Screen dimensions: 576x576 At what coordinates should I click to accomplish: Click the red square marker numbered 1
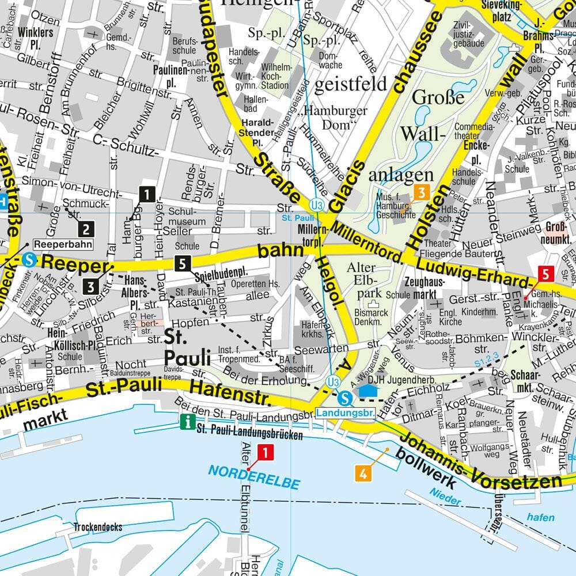265,453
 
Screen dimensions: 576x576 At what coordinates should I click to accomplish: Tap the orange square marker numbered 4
362,474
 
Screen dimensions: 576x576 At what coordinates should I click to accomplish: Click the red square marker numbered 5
545,272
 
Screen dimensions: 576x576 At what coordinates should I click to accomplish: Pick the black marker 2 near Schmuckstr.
86,229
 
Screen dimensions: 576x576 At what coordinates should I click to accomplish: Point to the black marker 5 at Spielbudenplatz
183,264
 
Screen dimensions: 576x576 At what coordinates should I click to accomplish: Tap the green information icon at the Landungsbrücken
187,422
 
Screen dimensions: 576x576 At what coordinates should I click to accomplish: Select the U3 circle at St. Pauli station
316,205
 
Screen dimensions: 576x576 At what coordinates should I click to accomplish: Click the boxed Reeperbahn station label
63,244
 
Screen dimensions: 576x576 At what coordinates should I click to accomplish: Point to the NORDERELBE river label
254,478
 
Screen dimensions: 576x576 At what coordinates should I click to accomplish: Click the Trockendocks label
98,527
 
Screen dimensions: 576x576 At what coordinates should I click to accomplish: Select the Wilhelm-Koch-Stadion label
275,76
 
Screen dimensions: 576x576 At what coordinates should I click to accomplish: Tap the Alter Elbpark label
362,281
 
